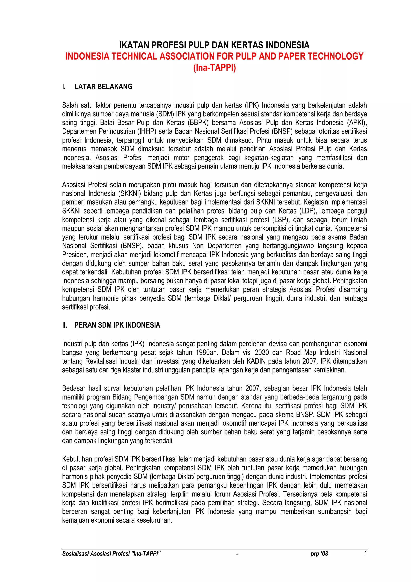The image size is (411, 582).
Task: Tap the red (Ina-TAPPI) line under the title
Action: [x=214, y=68]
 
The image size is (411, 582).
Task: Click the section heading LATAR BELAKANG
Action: [x=103, y=87]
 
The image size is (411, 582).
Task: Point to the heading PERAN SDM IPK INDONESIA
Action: [x=117, y=325]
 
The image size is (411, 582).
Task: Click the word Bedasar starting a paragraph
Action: [x=73, y=388]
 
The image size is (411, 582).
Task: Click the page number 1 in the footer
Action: [x=365, y=553]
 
